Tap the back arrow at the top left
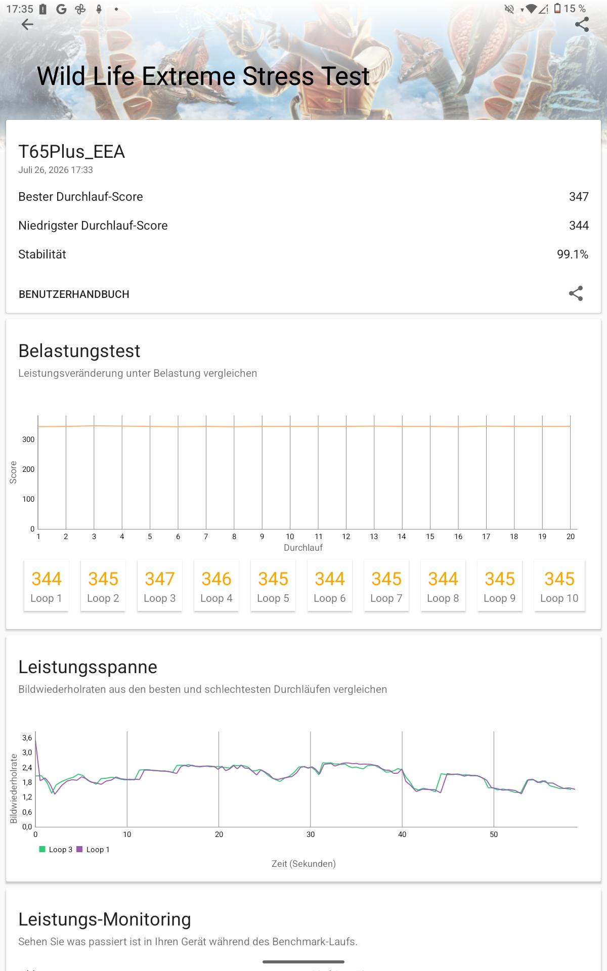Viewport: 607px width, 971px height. (27, 24)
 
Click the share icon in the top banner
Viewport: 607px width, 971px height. (582, 24)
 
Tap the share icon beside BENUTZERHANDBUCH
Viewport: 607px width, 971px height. (576, 294)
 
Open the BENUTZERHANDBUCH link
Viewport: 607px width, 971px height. (74, 294)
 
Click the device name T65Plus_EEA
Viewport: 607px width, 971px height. (71, 152)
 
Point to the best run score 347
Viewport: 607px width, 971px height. (579, 197)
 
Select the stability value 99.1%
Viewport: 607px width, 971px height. (573, 254)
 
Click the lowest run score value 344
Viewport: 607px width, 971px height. (579, 226)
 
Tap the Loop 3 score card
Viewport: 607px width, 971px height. (159, 586)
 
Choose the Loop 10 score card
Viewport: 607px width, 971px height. (559, 586)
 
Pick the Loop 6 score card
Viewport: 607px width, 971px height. (329, 586)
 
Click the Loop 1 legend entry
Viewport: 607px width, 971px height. (93, 850)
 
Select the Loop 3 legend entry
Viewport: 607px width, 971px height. (56, 850)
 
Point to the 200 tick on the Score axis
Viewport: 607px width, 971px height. (28, 469)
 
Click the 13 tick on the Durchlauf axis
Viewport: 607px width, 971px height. (374, 537)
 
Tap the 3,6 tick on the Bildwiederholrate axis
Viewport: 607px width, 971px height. (27, 738)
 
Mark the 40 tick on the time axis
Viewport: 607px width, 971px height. (402, 834)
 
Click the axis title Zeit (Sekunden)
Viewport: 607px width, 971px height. (303, 864)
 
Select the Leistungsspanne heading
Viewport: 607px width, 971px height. (88, 667)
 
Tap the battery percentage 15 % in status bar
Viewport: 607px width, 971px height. (575, 9)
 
